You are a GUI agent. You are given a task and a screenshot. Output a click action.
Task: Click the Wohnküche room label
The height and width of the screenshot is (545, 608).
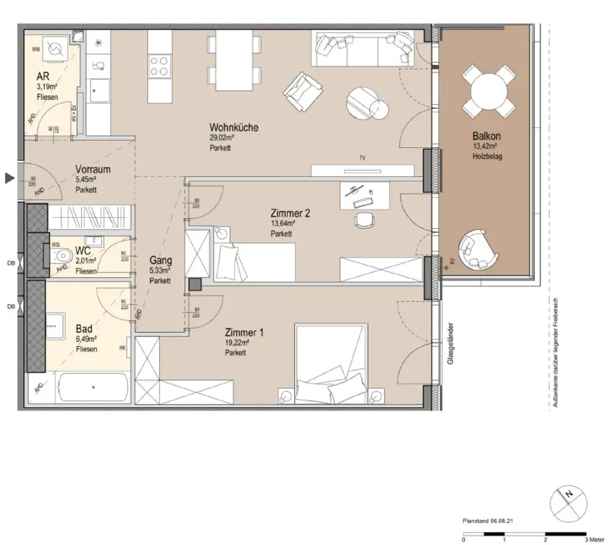(233, 128)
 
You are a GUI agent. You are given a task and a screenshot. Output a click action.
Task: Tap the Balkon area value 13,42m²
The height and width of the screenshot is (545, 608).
(484, 147)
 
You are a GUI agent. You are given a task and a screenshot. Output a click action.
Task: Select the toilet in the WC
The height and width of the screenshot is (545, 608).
(62, 257)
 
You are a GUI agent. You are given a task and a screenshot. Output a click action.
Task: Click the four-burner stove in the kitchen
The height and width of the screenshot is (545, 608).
(159, 65)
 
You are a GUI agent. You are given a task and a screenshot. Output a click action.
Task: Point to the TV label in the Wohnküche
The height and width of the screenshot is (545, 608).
(362, 159)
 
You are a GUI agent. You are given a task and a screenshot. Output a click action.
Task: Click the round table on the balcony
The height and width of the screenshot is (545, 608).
(488, 91)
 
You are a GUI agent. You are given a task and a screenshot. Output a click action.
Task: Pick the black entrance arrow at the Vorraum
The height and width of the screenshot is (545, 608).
(9, 178)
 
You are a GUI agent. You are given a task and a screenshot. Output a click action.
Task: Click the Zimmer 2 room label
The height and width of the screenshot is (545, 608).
(290, 213)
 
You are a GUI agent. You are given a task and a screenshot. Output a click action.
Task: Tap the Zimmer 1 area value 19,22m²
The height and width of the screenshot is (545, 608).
(236, 343)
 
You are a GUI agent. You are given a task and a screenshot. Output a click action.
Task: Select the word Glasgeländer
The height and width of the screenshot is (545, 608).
(451, 343)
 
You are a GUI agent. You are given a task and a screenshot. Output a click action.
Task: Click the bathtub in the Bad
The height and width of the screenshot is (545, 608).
(93, 388)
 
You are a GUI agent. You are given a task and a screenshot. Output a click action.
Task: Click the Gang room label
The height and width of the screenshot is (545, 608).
(161, 260)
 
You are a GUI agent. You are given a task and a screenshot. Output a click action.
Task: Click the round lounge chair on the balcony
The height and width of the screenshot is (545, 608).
(477, 249)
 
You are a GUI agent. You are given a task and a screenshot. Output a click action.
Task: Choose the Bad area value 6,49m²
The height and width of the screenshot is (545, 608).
(86, 339)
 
